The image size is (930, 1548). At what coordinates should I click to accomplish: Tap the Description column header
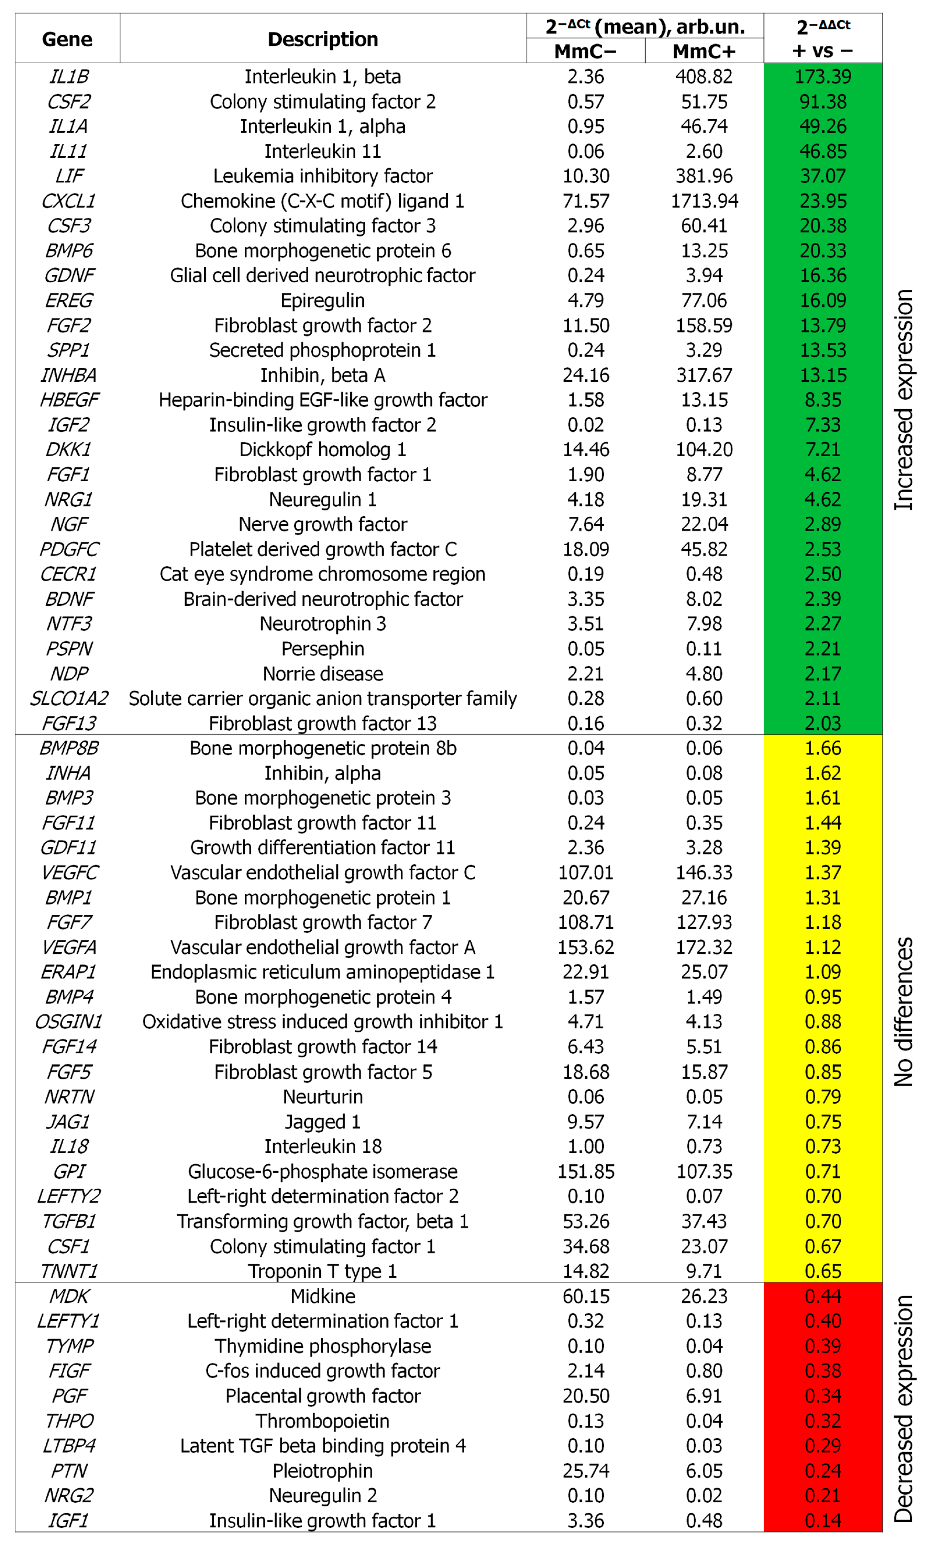(x=323, y=39)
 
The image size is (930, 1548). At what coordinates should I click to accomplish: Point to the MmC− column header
(x=585, y=51)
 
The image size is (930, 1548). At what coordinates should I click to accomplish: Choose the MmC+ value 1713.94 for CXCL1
(x=704, y=201)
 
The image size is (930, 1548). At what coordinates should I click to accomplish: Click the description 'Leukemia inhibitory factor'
(x=323, y=176)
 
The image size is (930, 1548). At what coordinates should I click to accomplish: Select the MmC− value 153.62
(x=585, y=947)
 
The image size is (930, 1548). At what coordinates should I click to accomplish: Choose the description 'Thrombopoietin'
(x=323, y=1421)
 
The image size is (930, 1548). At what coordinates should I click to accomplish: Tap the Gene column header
(x=67, y=39)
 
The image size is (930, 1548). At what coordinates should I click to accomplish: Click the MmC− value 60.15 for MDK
(x=585, y=1296)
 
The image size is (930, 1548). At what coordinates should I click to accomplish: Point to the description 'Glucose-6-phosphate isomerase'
(x=323, y=1171)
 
